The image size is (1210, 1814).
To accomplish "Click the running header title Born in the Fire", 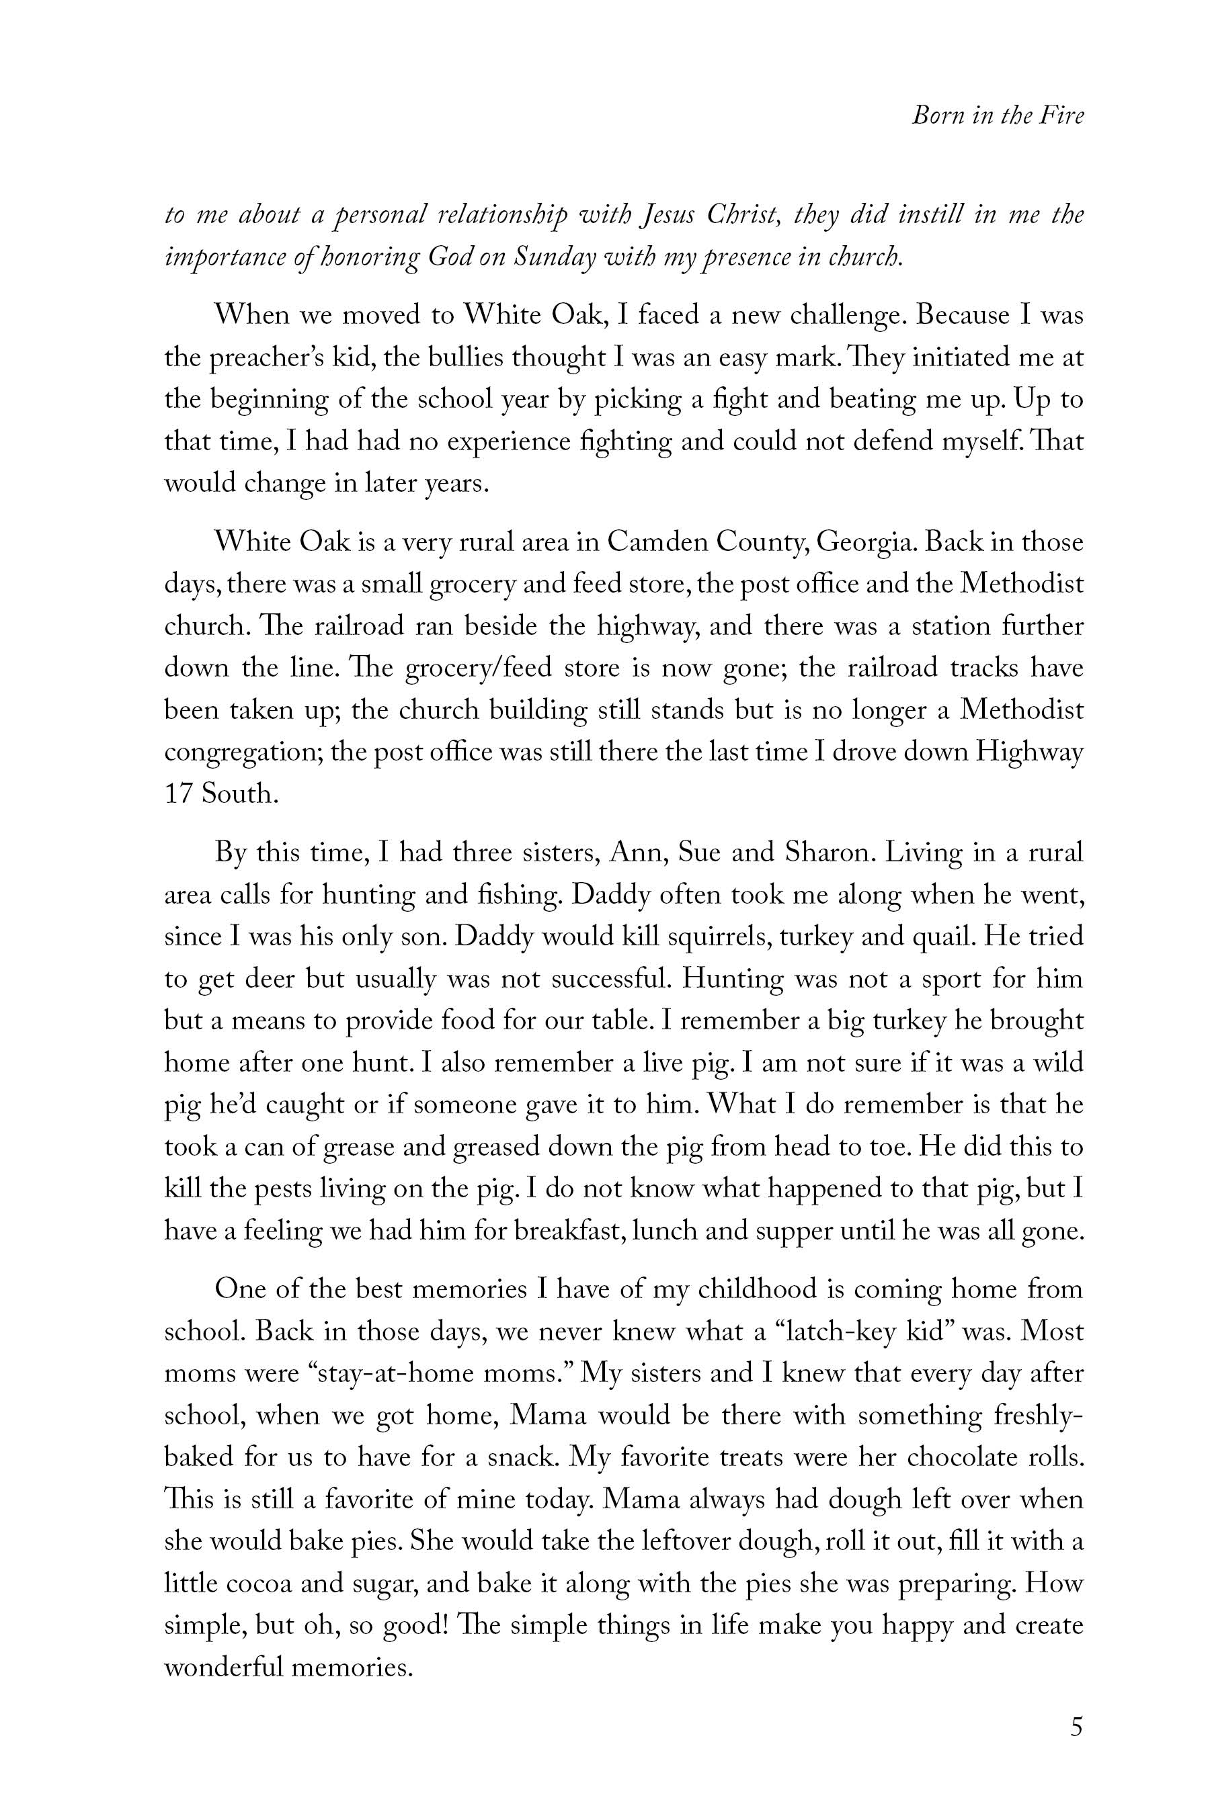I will (997, 116).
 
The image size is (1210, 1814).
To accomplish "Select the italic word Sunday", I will (547, 257).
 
